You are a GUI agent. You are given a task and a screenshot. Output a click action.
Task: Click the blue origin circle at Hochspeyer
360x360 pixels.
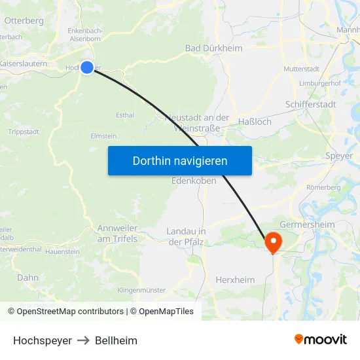(87, 67)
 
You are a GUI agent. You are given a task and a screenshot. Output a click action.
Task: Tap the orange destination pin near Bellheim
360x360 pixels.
(272, 242)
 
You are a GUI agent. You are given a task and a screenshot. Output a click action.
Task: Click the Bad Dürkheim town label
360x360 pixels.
(213, 48)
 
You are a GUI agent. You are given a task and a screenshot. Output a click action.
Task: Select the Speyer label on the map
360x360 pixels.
(338, 156)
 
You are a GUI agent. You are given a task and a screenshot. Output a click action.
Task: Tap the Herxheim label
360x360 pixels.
(235, 280)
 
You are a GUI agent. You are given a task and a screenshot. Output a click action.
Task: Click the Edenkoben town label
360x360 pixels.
(194, 181)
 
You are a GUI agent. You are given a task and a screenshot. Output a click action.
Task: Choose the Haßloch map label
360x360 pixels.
(255, 122)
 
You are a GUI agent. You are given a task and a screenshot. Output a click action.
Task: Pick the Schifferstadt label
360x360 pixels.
(310, 105)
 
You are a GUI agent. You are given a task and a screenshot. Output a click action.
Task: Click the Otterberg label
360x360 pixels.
(24, 21)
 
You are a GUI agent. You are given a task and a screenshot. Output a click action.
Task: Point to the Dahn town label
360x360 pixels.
(27, 278)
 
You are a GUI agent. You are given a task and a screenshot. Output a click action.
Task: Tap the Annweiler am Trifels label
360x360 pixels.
(117, 233)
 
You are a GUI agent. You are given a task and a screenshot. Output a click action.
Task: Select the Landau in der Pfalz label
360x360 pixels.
(187, 237)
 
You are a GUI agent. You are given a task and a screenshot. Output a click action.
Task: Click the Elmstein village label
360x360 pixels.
(103, 136)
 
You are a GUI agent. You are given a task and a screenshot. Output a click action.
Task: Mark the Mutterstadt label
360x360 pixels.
(300, 69)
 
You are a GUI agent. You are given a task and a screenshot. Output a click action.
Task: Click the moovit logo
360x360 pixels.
(321, 340)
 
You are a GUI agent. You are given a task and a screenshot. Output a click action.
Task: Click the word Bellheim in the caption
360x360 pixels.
(116, 340)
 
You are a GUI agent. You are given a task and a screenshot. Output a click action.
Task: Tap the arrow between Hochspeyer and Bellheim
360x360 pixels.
(83, 340)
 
